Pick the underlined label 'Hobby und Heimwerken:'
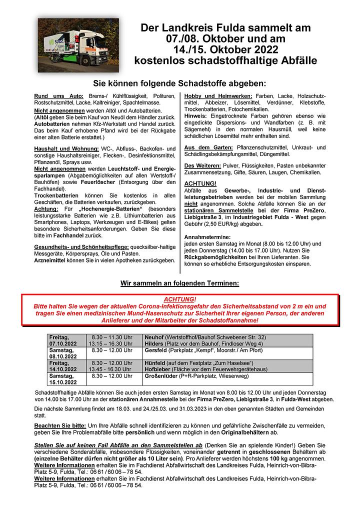click(218, 95)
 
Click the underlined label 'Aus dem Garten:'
click(208, 147)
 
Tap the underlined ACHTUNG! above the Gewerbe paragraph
click(200, 183)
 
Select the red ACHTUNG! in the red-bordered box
click(180, 298)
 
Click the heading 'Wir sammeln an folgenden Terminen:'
click(180, 283)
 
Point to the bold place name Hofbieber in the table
click(158, 369)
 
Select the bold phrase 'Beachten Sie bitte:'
click(61, 424)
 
